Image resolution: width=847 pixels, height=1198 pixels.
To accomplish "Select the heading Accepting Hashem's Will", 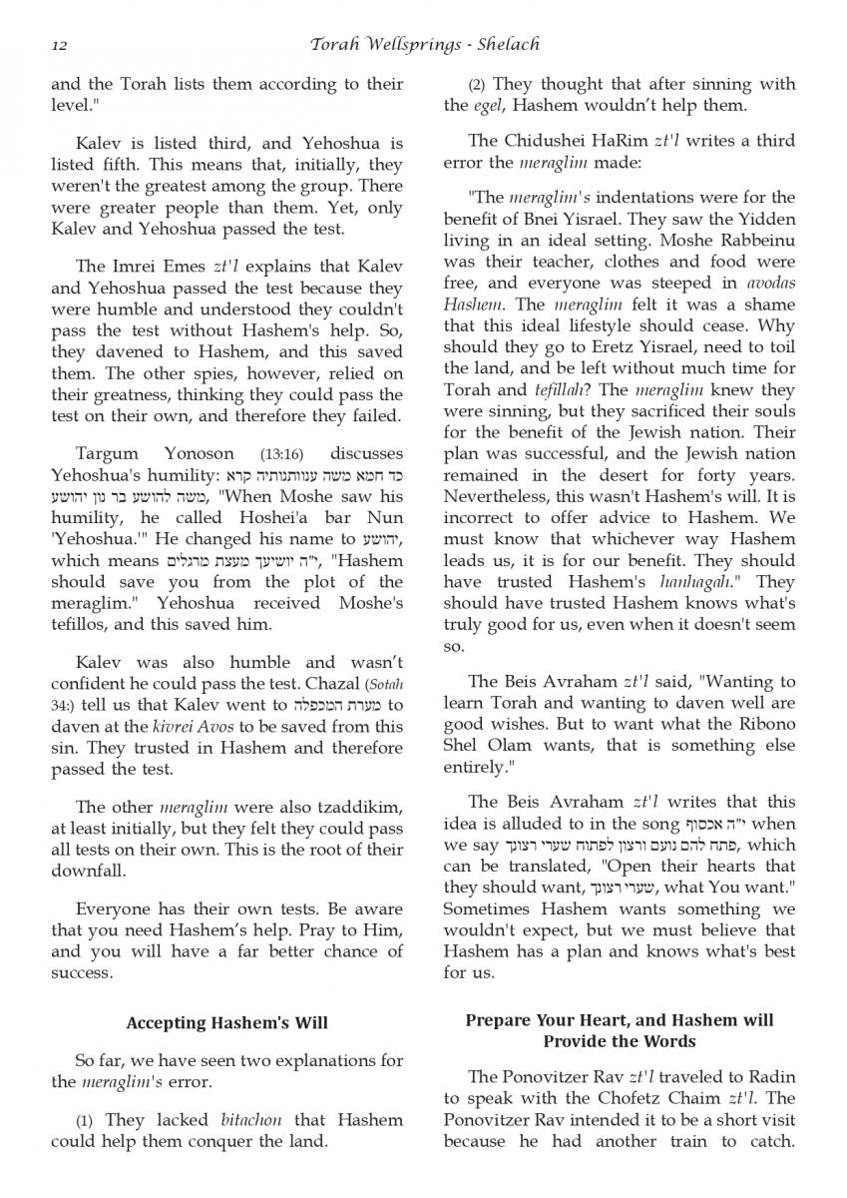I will (227, 1022).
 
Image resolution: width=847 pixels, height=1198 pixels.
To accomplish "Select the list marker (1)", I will (85, 1121).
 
